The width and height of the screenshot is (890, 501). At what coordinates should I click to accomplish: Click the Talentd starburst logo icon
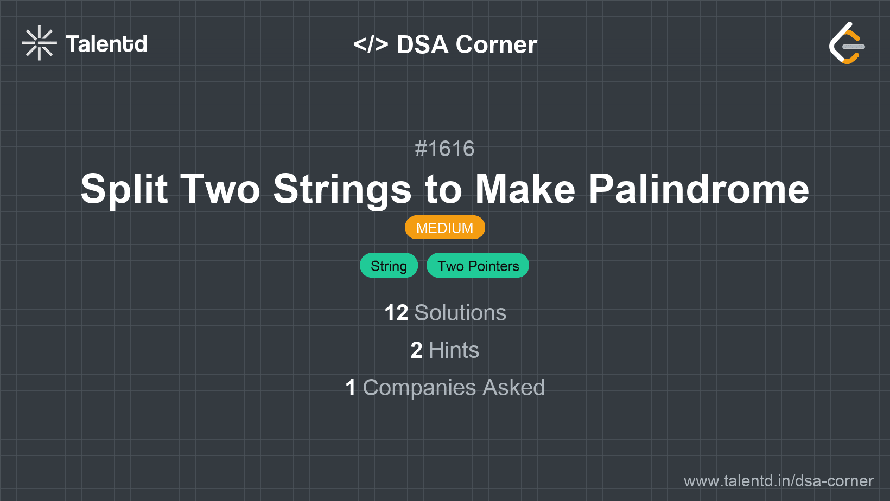coord(39,43)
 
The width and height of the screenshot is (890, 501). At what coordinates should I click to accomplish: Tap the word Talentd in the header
coord(106,44)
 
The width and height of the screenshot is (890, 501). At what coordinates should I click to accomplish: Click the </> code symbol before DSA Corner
coord(371,44)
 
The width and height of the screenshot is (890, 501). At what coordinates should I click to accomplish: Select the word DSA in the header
coord(422,45)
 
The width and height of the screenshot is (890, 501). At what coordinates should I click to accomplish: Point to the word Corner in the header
coord(497,45)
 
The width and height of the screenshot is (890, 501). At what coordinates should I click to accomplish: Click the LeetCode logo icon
coord(847,43)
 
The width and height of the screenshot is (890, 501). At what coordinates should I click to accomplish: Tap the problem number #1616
coord(444,149)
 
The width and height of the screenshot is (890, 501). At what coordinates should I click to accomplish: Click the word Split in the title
coord(124,189)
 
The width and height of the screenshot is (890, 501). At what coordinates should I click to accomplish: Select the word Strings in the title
coord(342,189)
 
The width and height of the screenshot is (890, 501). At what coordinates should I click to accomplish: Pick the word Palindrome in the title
coord(699,189)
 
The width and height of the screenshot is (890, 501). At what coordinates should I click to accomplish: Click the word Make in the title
coord(525,189)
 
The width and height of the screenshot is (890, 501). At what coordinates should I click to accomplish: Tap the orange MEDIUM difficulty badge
coord(444,228)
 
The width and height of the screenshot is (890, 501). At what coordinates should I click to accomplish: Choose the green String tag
coord(389,266)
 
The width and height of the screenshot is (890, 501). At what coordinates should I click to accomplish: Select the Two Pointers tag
coord(478,266)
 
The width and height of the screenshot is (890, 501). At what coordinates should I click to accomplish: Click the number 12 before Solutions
coord(396,313)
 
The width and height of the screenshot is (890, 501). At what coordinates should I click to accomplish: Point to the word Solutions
coord(460,313)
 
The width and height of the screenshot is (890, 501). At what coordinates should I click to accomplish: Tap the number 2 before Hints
coord(416,350)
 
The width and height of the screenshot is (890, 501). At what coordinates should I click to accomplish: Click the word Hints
coord(454,350)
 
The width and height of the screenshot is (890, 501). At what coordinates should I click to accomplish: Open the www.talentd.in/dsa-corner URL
coord(778,481)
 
